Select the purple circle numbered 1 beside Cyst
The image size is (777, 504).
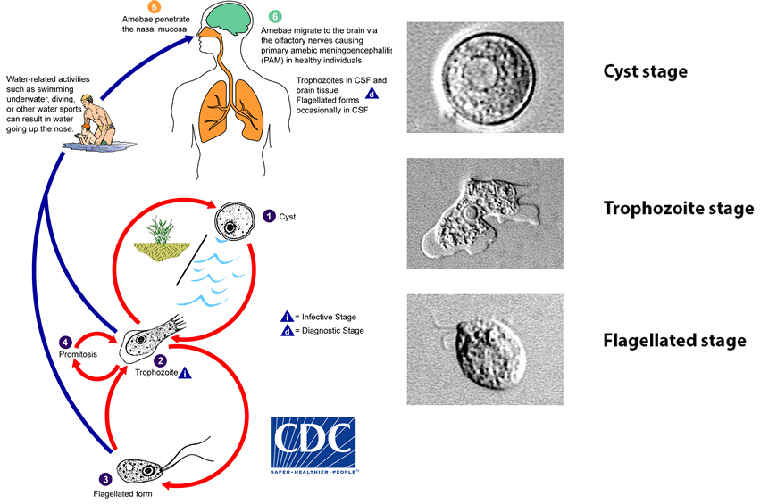coord(269,215)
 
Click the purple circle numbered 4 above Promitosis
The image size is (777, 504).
coord(65,341)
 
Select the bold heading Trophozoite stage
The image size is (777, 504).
coord(679,209)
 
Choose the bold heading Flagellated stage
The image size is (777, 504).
coord(674,341)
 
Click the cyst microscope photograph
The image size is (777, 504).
coord(484,78)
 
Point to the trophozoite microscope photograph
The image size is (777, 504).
coord(484,213)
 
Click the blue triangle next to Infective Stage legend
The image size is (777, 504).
coord(288,317)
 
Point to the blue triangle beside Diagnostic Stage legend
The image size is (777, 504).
coord(288,331)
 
